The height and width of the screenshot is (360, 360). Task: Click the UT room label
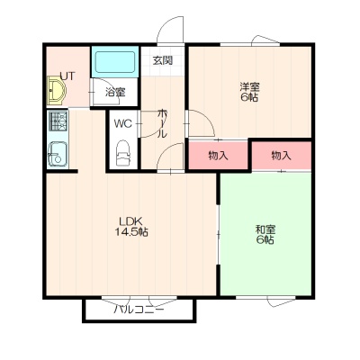(67, 76)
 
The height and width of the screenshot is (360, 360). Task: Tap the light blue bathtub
(115, 62)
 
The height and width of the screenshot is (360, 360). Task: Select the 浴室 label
(115, 92)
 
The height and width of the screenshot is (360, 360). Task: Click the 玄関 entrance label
(162, 60)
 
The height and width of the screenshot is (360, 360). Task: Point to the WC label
(123, 123)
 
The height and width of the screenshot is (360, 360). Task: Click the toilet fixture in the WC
(123, 153)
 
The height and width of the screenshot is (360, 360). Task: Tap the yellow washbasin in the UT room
(57, 90)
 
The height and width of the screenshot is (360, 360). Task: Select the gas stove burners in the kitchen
(58, 121)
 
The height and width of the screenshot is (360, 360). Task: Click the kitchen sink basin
(58, 154)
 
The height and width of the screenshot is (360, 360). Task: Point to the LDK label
(130, 221)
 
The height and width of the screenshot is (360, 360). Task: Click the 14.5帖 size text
(131, 231)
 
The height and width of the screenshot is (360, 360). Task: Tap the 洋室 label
(249, 87)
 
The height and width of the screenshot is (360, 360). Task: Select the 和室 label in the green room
(265, 229)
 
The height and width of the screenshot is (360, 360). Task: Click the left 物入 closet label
(218, 156)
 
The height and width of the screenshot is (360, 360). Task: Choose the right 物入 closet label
(282, 156)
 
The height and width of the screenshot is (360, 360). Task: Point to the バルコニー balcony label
(139, 310)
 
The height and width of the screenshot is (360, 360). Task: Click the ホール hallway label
(162, 123)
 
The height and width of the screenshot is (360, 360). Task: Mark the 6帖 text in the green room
(265, 239)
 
